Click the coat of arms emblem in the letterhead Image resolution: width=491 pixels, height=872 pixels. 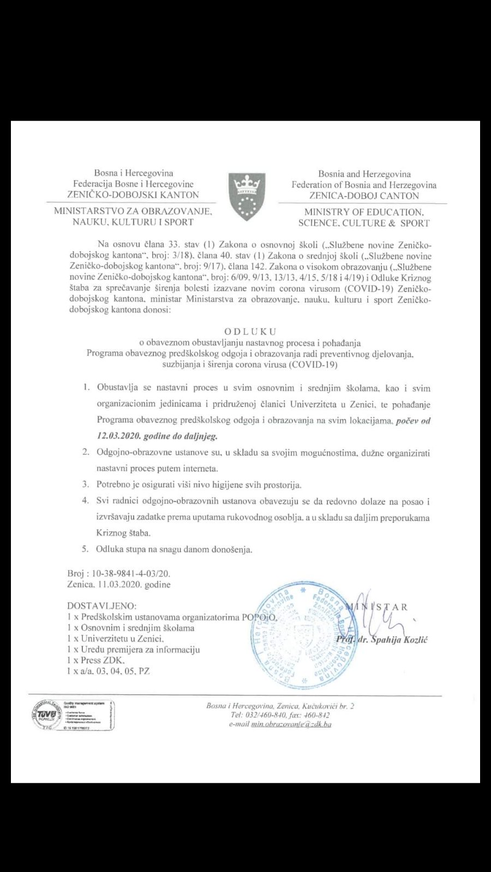point(247,196)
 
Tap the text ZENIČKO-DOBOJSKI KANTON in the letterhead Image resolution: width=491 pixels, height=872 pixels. point(133,195)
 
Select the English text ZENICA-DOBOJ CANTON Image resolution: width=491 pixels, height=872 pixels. point(364,196)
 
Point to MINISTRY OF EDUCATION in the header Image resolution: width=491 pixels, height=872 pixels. point(363,212)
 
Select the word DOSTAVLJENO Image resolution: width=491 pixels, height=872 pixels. point(101,605)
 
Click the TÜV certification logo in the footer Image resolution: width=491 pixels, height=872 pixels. point(47,715)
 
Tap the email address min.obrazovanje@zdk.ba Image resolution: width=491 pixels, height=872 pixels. point(291,724)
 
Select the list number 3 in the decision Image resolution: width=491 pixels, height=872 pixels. point(85,485)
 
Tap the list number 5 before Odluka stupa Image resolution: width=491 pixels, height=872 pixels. point(85,549)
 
